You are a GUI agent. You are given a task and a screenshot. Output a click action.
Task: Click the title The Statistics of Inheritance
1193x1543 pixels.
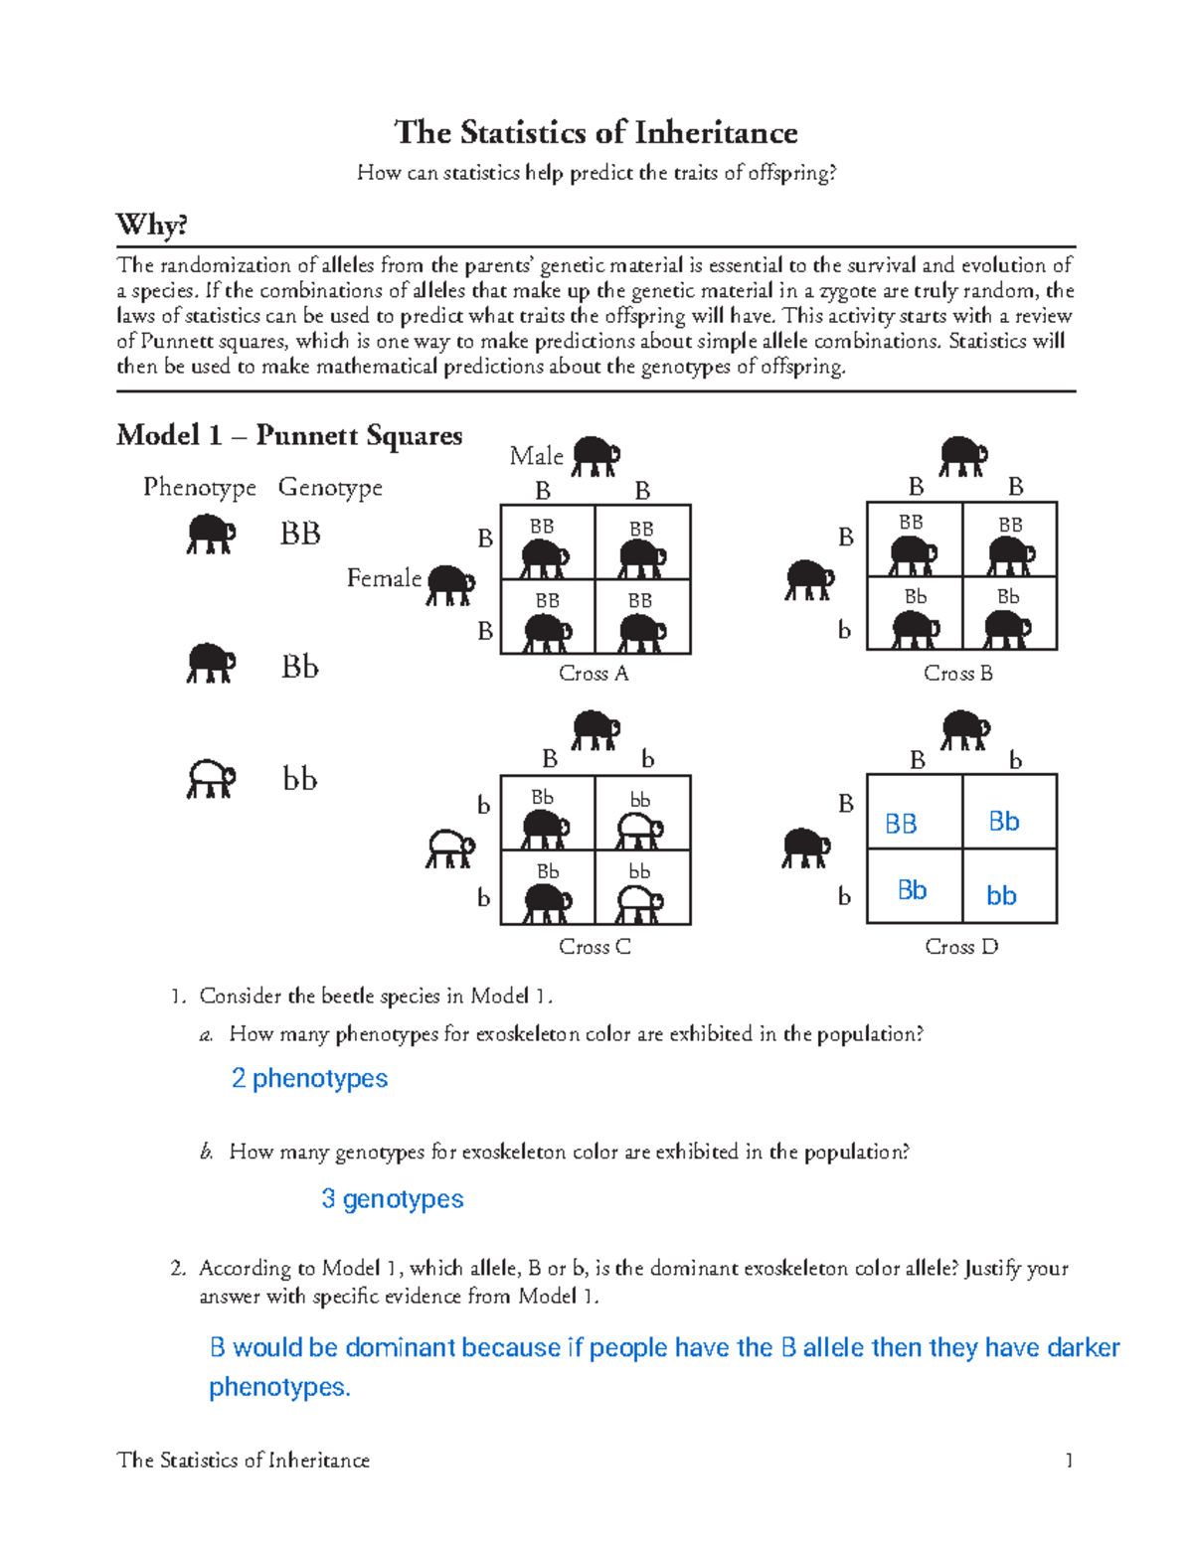(x=596, y=132)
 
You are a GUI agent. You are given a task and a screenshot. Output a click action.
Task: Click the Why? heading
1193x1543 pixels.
(x=151, y=225)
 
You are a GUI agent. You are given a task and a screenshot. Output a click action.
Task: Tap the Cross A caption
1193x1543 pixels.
(x=594, y=674)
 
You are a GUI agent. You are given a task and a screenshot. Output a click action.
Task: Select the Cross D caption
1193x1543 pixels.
(x=960, y=947)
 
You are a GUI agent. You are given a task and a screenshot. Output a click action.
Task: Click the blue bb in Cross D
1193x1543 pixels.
(x=1001, y=895)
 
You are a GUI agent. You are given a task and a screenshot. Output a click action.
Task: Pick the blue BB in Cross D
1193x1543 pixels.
(x=901, y=824)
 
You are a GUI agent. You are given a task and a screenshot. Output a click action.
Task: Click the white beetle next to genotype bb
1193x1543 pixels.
(x=211, y=779)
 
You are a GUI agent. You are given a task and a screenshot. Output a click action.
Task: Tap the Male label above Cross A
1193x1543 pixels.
(x=536, y=456)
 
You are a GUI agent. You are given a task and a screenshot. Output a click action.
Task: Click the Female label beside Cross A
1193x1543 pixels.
(x=384, y=578)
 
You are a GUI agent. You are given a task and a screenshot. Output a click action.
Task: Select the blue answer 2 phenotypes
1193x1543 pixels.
(x=309, y=1079)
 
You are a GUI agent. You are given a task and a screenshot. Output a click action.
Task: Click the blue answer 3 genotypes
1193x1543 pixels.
(x=392, y=1199)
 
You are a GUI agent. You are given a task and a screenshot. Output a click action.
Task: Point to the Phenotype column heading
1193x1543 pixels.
(x=199, y=487)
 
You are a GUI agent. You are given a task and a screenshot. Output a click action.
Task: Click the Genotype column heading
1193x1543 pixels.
(x=330, y=487)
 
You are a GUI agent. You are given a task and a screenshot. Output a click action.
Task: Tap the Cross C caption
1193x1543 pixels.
(x=595, y=947)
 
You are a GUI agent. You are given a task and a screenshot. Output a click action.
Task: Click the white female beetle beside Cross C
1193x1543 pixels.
(x=449, y=849)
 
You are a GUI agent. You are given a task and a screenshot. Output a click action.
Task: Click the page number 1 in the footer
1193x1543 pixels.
(x=1069, y=1460)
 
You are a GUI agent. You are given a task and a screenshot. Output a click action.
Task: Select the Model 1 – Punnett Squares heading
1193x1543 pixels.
(x=288, y=435)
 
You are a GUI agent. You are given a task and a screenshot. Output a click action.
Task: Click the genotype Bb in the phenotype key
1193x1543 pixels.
(x=299, y=667)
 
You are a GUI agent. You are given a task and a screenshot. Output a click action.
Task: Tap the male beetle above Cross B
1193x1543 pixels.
(x=962, y=456)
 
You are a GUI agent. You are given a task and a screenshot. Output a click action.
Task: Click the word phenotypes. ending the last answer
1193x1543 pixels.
(x=279, y=1387)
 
